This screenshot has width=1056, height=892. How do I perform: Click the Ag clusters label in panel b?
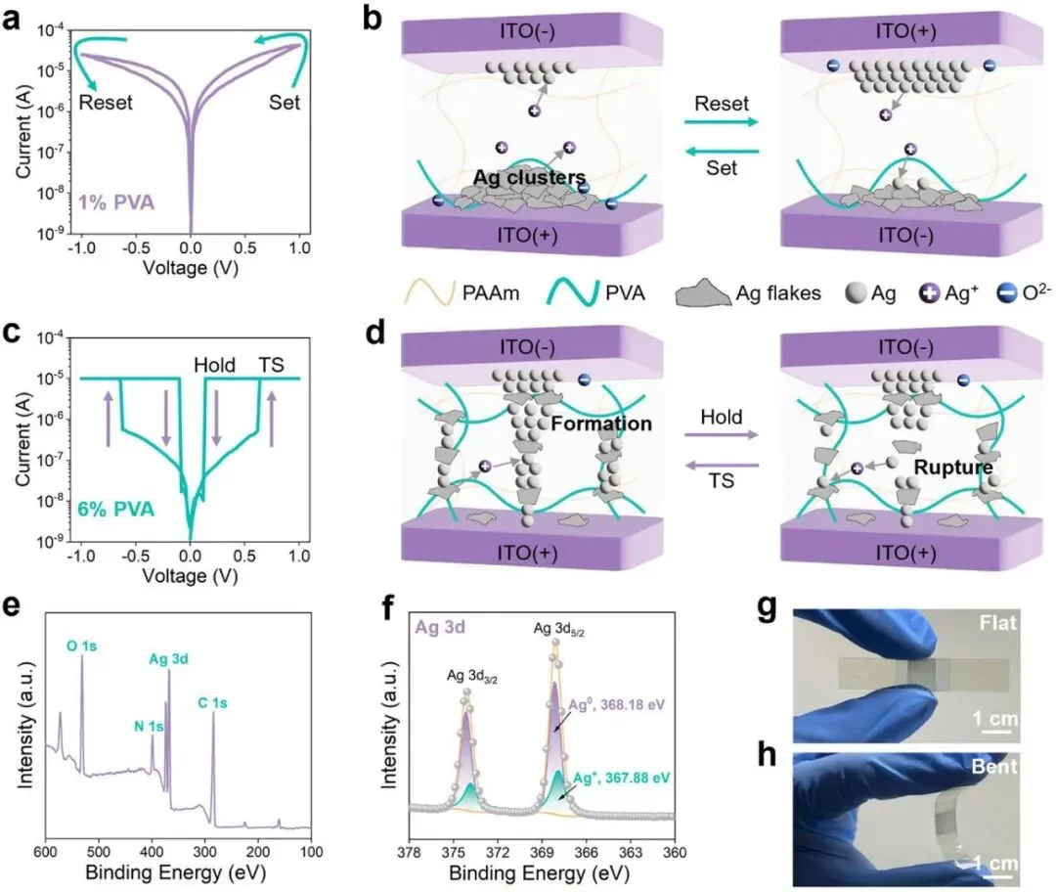click(x=530, y=178)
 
